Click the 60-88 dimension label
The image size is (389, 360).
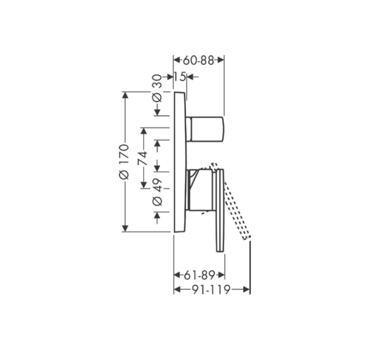point(198,60)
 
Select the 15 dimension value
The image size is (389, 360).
point(179,77)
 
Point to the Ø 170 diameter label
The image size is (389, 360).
point(124,161)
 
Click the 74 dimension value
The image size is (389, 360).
point(143,158)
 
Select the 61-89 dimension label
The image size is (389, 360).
point(199,275)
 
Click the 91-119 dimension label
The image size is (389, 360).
point(212,289)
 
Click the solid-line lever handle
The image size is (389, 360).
point(220,211)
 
